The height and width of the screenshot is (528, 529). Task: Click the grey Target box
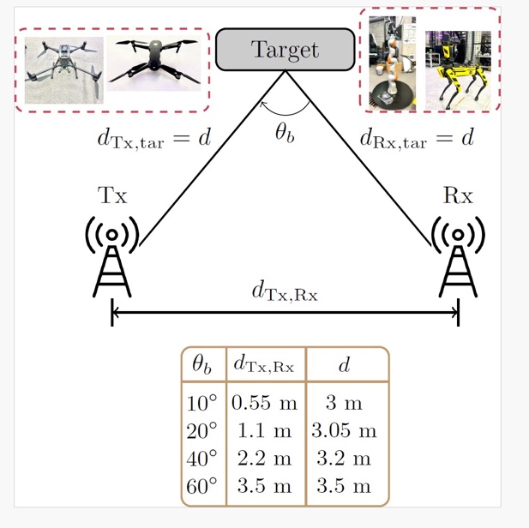click(x=285, y=50)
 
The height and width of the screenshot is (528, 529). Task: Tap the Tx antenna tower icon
click(x=112, y=257)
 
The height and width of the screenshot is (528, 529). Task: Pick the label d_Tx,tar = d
click(x=153, y=138)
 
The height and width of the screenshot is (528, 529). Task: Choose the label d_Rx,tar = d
click(x=416, y=138)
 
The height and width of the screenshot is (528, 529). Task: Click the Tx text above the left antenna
click(x=111, y=195)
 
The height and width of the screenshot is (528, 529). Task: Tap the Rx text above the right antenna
click(x=458, y=195)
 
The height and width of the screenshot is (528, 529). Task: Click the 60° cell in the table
click(x=202, y=486)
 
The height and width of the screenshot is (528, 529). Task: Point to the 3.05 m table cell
click(x=344, y=429)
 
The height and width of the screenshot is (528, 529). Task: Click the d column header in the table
click(x=344, y=366)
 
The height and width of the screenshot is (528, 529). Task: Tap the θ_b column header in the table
click(x=202, y=366)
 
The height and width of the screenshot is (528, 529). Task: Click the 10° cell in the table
click(x=202, y=402)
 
